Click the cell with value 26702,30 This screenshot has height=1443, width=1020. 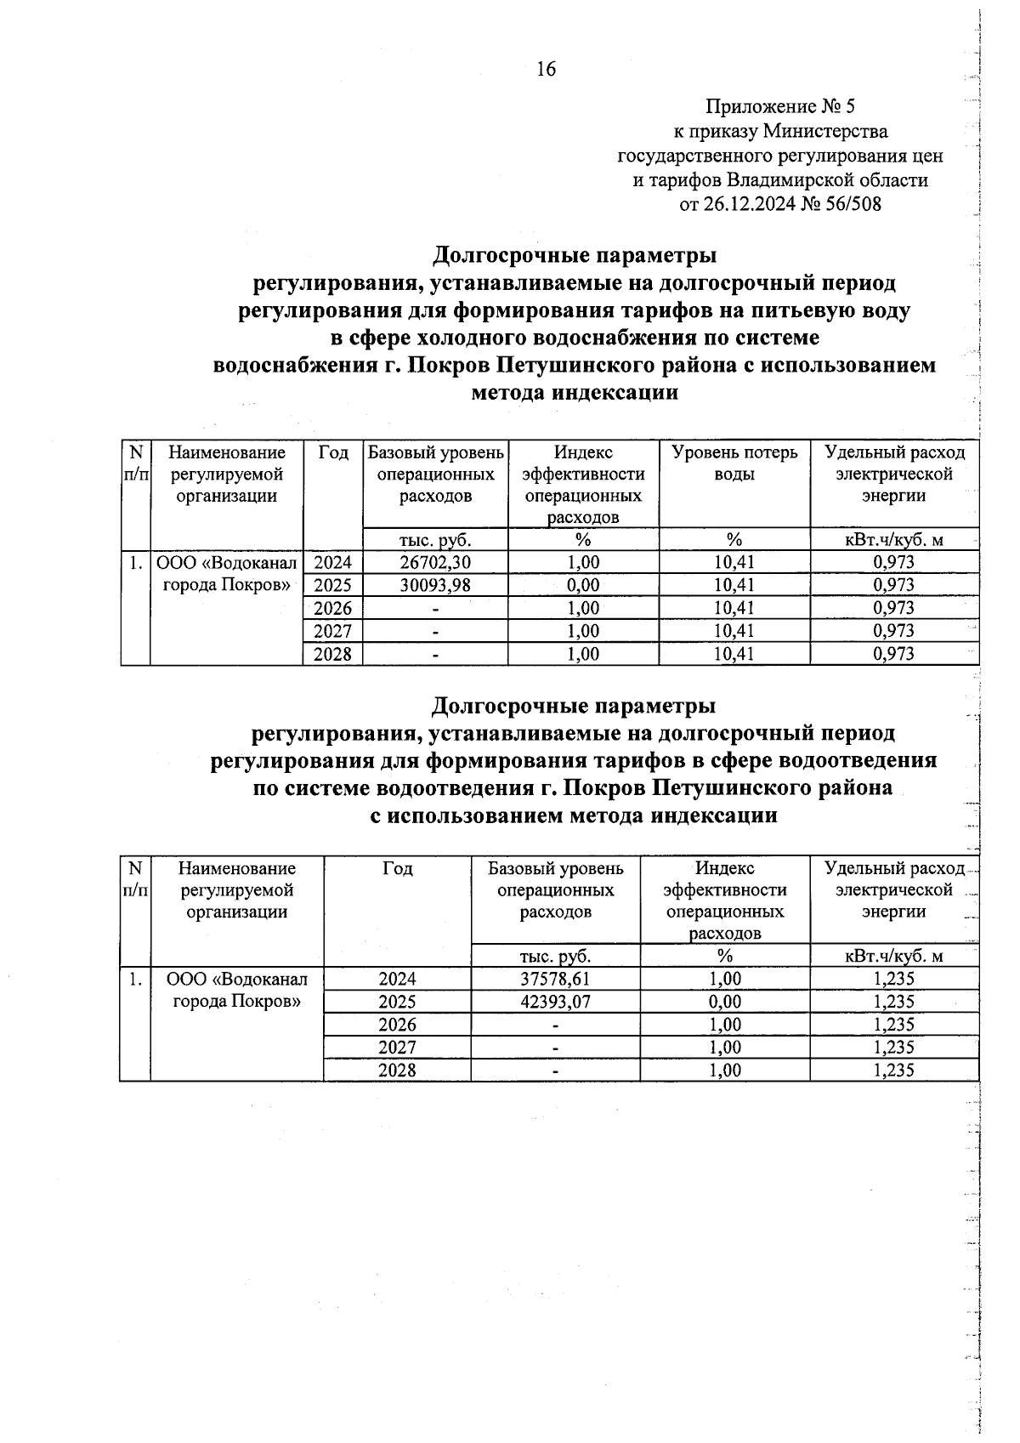[435, 562]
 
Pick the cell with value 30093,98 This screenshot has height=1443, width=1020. [435, 585]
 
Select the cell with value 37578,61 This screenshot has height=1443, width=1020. [555, 979]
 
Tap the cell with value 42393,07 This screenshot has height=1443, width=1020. [555, 1002]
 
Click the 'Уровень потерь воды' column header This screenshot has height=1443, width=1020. [734, 463]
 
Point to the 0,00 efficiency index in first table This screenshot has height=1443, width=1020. [583, 585]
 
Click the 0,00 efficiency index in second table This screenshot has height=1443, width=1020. [725, 1002]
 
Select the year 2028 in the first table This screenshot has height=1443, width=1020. [333, 654]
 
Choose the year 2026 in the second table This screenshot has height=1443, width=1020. [397, 1025]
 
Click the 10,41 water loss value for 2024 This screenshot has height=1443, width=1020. [734, 562]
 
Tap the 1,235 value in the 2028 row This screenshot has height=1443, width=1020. [894, 1071]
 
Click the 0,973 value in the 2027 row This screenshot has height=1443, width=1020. [894, 631]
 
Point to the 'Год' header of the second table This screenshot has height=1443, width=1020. [397, 868]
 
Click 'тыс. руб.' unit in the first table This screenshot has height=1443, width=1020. [435, 539]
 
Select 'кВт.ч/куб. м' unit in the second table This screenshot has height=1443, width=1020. [894, 956]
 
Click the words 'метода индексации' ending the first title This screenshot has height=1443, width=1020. [575, 393]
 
